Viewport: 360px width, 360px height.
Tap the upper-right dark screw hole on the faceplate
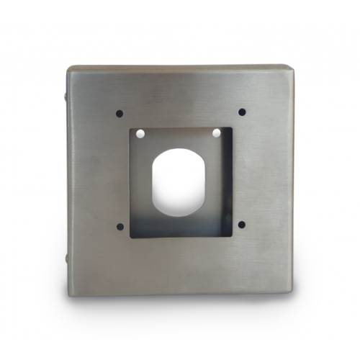[x=242, y=112]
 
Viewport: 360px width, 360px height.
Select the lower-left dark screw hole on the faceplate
[x=120, y=226]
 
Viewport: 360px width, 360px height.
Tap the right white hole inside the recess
[x=215, y=134]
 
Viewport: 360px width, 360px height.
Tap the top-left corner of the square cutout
[x=130, y=128]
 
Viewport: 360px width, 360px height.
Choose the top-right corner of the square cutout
[x=232, y=128]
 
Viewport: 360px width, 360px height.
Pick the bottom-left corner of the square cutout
[x=130, y=237]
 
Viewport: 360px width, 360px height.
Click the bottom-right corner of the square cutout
[x=232, y=237]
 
